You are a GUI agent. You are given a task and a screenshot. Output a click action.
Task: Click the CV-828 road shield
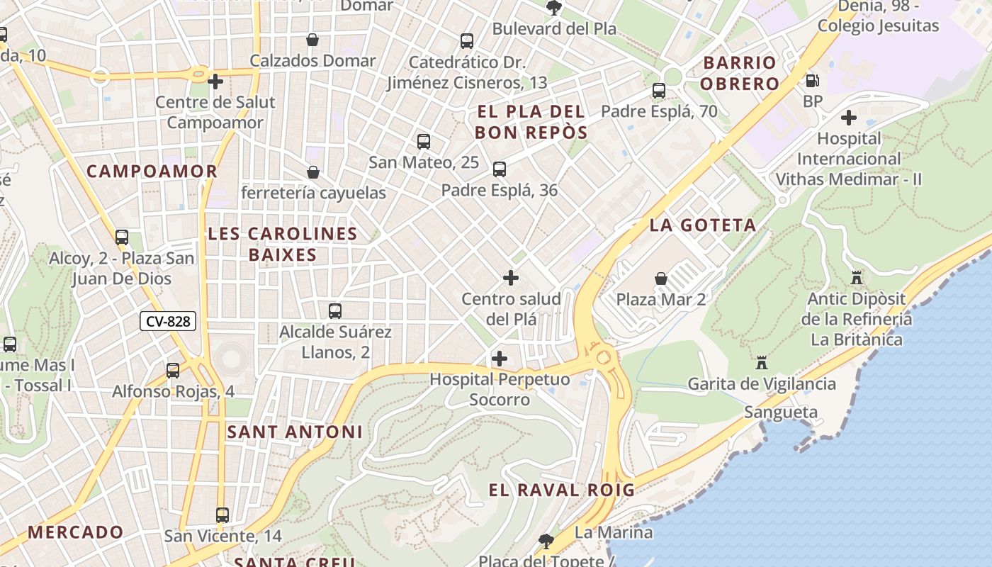pos(168,321)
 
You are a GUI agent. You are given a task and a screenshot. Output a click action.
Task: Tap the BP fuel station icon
pos(812,81)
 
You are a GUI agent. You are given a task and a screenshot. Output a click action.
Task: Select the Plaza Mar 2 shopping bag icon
pos(660,279)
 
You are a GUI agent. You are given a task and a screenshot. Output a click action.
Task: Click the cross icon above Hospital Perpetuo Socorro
pos(500,358)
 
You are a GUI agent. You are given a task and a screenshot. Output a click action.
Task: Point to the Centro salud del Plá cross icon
pos(510,278)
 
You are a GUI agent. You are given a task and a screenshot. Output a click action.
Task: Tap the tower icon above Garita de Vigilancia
pos(762,363)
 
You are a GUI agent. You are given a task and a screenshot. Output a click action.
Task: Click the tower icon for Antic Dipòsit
pos(857,277)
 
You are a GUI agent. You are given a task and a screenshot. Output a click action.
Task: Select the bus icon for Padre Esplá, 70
pos(659,91)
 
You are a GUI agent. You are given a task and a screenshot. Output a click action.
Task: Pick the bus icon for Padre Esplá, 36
pos(500,169)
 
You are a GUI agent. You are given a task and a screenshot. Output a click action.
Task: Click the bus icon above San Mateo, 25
pos(424,142)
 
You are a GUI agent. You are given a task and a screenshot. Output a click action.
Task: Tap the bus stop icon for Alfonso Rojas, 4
pos(173,370)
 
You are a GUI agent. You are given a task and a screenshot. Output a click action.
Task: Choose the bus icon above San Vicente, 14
pos(222,515)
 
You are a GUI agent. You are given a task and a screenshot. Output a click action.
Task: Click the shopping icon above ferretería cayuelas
pos(312,172)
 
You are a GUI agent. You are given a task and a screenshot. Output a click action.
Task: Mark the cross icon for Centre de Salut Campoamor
pos(215,82)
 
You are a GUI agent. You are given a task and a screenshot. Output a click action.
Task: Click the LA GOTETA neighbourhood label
pos(703,225)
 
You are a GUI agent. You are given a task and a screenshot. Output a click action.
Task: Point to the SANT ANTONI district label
pos(295,432)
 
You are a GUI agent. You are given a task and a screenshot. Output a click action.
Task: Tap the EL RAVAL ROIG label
pos(561,490)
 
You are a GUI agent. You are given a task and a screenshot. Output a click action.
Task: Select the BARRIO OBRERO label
pos(740,73)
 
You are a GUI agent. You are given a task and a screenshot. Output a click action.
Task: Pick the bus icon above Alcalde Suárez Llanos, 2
pos(335,310)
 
